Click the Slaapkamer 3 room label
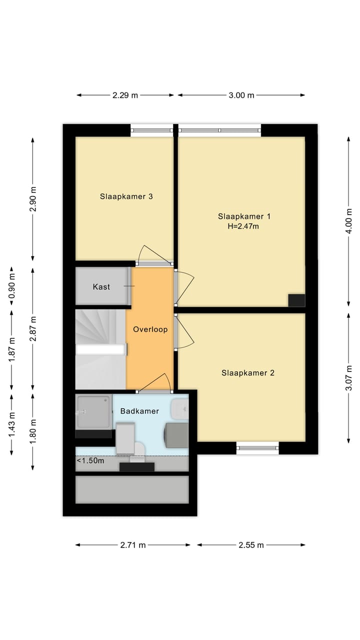[x=126, y=196]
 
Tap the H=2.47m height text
[x=244, y=226]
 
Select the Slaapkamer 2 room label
[x=248, y=372]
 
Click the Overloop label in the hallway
[x=150, y=329]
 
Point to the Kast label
[x=101, y=286]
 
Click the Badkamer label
[x=139, y=411]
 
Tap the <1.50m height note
[x=90, y=460]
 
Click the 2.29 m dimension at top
[x=125, y=95]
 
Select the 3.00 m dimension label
[x=241, y=95]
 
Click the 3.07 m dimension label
[x=349, y=377]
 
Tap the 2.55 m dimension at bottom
[x=251, y=545]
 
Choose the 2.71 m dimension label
[x=133, y=545]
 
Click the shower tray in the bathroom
[x=93, y=411]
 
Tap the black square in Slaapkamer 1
[x=296, y=300]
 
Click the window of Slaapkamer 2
[x=257, y=448]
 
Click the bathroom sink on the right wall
[x=179, y=409]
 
